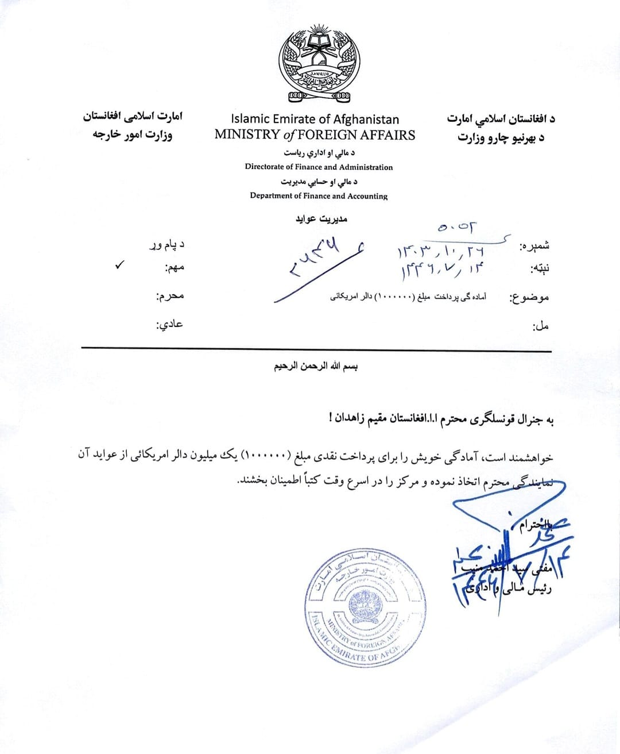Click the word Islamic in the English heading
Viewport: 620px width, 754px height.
click(x=250, y=120)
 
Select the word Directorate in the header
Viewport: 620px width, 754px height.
click(x=264, y=167)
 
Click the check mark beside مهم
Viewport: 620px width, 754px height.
click(x=119, y=265)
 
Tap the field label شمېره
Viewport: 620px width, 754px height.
click(x=534, y=246)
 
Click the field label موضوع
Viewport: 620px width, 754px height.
click(x=529, y=298)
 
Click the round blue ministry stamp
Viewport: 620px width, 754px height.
click(x=366, y=607)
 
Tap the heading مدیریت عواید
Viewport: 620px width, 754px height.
click(x=321, y=219)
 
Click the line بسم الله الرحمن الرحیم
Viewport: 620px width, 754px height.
click(x=316, y=366)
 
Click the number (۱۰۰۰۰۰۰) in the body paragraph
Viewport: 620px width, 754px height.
click(x=266, y=457)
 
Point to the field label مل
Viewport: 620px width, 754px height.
click(x=541, y=326)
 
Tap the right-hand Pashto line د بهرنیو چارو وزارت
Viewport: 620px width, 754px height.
click(x=501, y=139)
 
